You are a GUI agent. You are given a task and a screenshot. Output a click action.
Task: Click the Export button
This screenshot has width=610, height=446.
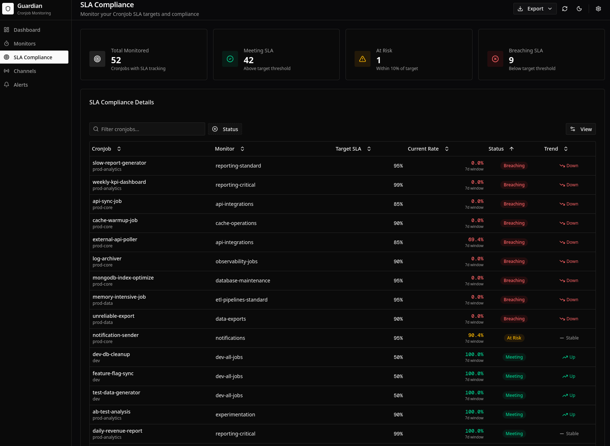click(535, 9)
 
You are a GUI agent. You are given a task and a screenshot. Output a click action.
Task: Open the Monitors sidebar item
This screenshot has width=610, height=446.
click(25, 44)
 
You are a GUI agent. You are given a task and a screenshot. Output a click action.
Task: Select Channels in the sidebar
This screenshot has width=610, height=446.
click(25, 71)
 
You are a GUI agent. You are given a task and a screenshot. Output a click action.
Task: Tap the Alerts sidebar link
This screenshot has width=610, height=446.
click(21, 85)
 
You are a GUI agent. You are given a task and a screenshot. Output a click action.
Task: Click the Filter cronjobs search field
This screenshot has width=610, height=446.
click(147, 129)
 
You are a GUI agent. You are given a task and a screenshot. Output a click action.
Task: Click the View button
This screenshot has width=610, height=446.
click(581, 129)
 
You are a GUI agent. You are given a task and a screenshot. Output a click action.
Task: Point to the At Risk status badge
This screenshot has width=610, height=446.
click(514, 338)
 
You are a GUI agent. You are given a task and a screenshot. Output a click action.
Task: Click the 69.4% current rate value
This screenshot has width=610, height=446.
click(476, 239)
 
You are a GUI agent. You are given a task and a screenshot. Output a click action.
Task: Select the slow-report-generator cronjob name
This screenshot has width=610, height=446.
click(119, 163)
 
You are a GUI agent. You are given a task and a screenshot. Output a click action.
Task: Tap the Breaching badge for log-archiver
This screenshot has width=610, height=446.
click(514, 261)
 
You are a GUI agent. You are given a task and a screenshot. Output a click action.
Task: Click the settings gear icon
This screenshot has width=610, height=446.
click(598, 9)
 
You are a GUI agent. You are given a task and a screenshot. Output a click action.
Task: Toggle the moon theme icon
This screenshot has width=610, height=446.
click(579, 9)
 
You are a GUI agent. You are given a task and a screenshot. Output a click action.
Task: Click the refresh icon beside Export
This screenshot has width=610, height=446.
click(565, 9)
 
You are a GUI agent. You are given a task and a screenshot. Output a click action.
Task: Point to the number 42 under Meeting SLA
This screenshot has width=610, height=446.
click(249, 60)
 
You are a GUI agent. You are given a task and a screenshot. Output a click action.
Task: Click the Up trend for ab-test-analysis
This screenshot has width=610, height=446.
click(569, 415)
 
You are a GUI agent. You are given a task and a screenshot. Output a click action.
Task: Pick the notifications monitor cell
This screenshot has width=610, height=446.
click(230, 338)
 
